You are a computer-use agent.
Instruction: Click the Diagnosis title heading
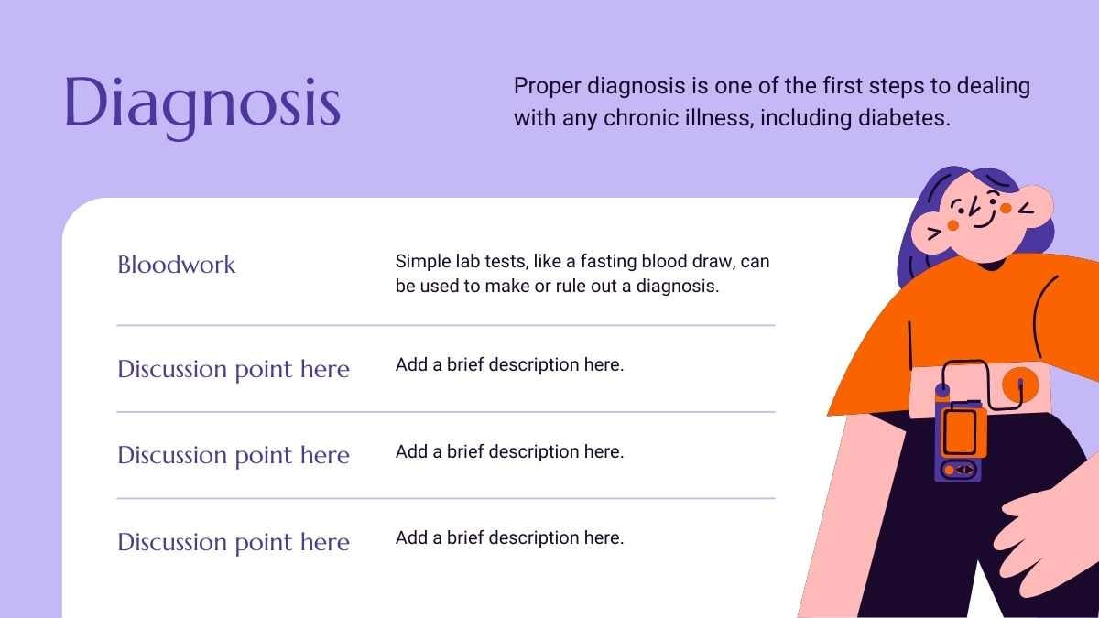pyautogui.click(x=202, y=105)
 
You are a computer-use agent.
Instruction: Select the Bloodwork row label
pyautogui.click(x=177, y=265)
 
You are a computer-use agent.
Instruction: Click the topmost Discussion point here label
pyautogui.click(x=234, y=369)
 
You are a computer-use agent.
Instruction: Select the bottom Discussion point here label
pyautogui.click(x=234, y=542)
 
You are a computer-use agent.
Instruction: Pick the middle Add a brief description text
pyautogui.click(x=509, y=451)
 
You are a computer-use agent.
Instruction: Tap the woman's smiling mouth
pyautogui.click(x=985, y=221)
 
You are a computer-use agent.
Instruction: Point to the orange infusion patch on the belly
pyautogui.click(x=1020, y=385)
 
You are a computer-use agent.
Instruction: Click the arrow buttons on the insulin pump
pyautogui.click(x=964, y=470)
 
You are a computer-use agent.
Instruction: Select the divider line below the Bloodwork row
pyautogui.click(x=446, y=325)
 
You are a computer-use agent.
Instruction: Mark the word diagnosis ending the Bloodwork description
pyautogui.click(x=678, y=286)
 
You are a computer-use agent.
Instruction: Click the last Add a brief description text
pyautogui.click(x=509, y=538)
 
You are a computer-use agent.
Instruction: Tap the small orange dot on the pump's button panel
pyautogui.click(x=950, y=471)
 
